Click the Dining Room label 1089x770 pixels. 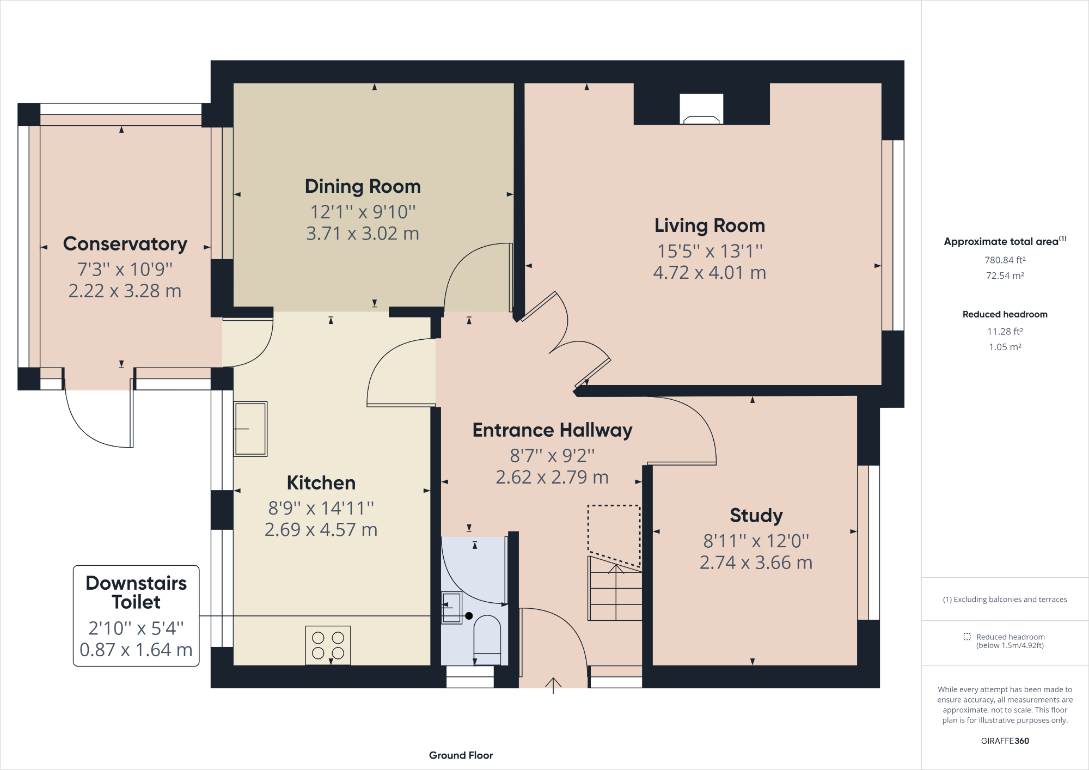pos(363,186)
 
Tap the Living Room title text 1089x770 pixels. pos(709,225)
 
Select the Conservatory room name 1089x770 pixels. pos(125,244)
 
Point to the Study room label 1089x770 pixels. pos(756,515)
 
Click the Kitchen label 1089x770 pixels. pos(321,483)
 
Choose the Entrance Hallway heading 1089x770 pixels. pos(552,430)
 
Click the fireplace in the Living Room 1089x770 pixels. pos(701,109)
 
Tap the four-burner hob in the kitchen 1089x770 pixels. pos(328,645)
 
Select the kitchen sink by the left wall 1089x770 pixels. pos(250,429)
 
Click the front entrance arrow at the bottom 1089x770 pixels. pos(553,686)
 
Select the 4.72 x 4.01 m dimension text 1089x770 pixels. pos(709,272)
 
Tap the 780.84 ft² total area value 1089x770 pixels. pos(1005,260)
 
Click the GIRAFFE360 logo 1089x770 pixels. pos(1005,741)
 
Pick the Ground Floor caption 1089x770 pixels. pos(461,755)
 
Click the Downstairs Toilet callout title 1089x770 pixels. pos(136,592)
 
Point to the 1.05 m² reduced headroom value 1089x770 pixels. pos(1005,347)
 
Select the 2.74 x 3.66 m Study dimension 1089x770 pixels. pos(756,563)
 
